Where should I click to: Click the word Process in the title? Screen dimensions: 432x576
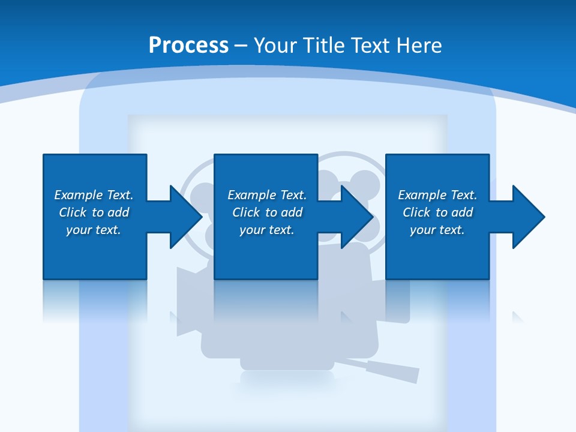188,46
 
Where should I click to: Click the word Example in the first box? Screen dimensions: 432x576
79,195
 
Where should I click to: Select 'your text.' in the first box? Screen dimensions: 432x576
94,230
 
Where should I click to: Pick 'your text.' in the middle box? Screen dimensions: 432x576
266,230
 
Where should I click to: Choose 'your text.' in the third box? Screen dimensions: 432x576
437,230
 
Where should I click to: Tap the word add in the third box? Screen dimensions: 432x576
461,212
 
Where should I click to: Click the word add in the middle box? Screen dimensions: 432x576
291,212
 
